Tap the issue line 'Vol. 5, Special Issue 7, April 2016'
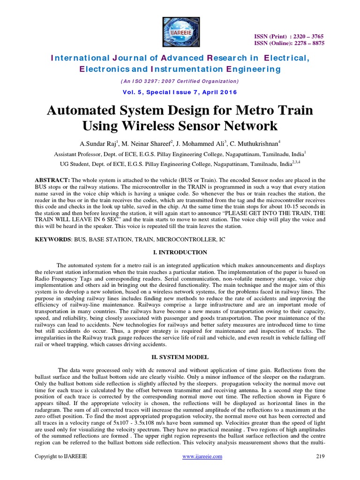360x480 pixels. coord(180,92)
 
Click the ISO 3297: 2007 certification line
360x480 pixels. coord(180,81)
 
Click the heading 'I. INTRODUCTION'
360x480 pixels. coord(180,252)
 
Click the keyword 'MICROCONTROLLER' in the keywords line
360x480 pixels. coord(183,239)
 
